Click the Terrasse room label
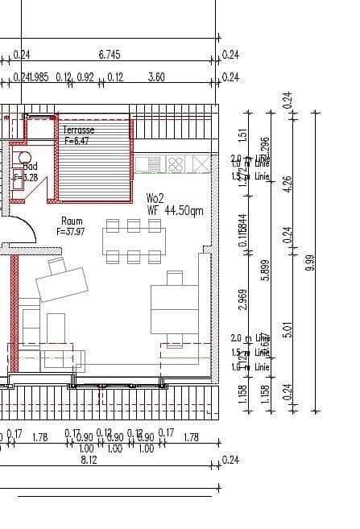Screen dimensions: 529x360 pyautogui.click(x=79, y=129)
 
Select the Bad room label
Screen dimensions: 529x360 pyautogui.click(x=29, y=167)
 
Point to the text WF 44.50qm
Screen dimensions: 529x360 pyautogui.click(x=175, y=210)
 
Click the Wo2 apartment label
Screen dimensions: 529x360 pyautogui.click(x=155, y=198)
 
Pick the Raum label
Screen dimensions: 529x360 pyautogui.click(x=72, y=221)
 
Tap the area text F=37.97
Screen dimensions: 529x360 pyautogui.click(x=72, y=231)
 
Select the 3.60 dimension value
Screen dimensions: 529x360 pyautogui.click(x=157, y=77)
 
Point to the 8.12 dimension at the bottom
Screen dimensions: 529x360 pyautogui.click(x=89, y=460)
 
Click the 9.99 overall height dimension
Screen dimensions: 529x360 pyautogui.click(x=310, y=262)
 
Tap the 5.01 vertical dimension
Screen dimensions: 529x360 pyautogui.click(x=288, y=329)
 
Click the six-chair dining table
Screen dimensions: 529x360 pyautogui.click(x=134, y=240)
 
